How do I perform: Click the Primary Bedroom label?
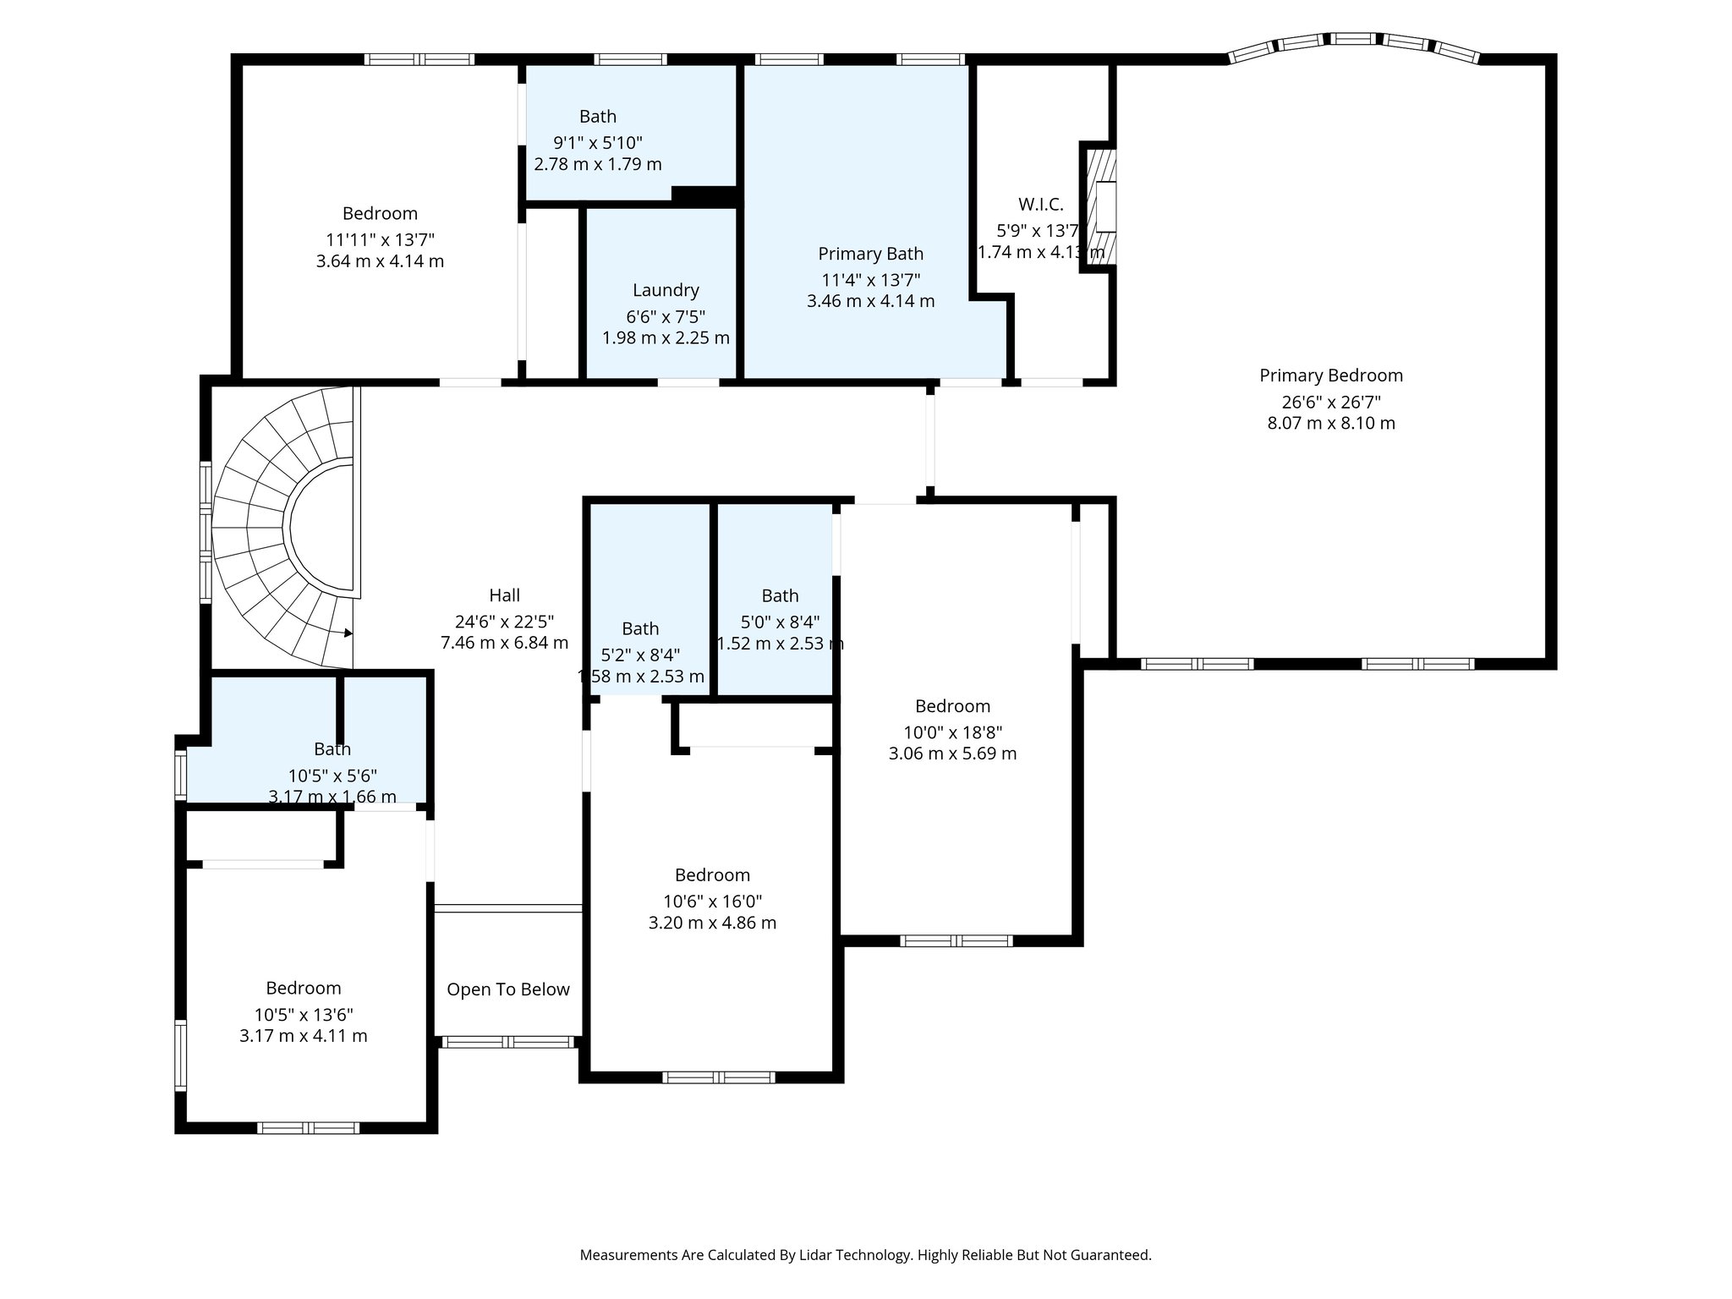point(1330,375)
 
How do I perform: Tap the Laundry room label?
point(666,290)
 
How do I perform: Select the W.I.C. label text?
point(1040,204)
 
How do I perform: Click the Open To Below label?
point(507,989)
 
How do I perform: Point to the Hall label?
point(504,595)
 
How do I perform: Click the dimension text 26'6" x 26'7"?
point(1330,402)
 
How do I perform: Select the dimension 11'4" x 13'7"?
point(870,279)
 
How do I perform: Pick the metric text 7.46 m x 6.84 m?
point(504,643)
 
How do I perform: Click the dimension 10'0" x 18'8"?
point(952,732)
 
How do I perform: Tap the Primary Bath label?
point(870,254)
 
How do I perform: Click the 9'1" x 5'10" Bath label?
point(597,117)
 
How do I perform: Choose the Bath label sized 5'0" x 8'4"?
point(779,595)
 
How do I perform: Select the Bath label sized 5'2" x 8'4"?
point(640,628)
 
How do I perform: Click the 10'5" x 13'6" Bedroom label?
point(303,988)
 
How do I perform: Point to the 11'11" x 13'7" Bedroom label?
point(380,213)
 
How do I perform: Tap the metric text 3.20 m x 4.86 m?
point(712,923)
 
